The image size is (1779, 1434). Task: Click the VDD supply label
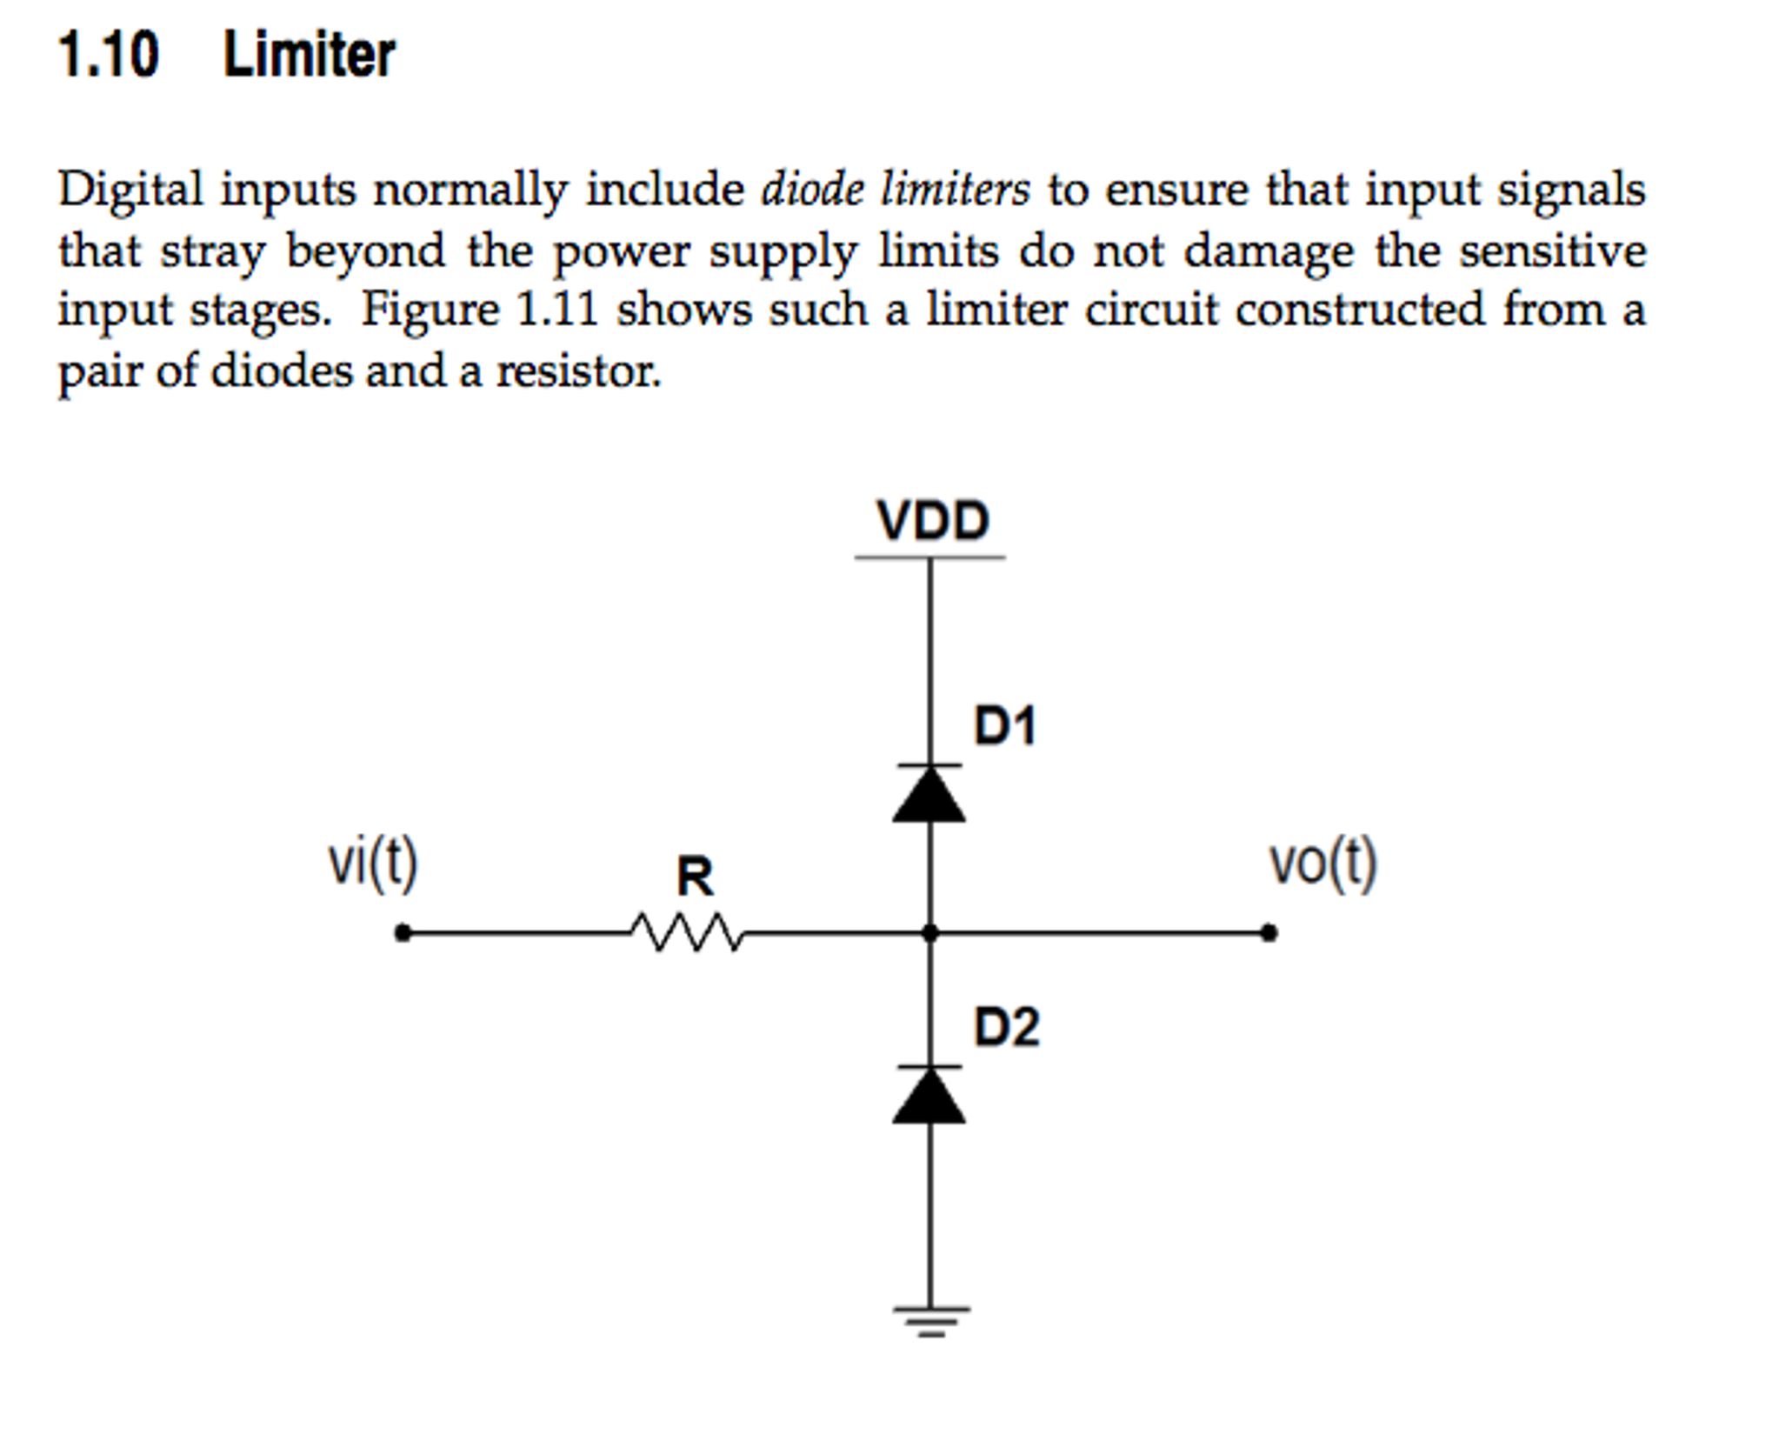tap(932, 520)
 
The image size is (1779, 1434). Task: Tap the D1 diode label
tap(1005, 725)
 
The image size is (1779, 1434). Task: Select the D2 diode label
tap(1006, 1026)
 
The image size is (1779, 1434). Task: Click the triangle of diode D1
tap(929, 795)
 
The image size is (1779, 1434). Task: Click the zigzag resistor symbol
tap(687, 932)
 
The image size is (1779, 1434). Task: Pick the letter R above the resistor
tap(695, 876)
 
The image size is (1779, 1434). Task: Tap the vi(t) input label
tap(373, 863)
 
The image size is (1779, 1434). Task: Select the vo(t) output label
tap(1323, 863)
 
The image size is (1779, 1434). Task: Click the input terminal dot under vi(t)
tap(402, 933)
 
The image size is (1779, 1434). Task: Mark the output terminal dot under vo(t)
tap(1269, 933)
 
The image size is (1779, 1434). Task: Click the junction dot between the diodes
tap(929, 933)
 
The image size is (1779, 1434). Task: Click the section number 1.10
tap(109, 54)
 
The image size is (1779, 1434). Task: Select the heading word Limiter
tap(309, 54)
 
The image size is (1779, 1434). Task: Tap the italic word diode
tap(812, 190)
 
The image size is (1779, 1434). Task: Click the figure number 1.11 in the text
tap(556, 310)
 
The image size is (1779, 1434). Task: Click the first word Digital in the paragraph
tap(130, 190)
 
